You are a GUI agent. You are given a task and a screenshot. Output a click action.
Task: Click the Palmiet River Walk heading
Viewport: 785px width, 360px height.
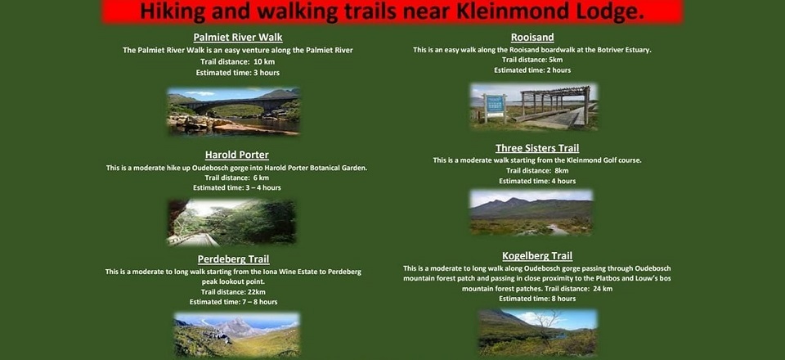[238, 37]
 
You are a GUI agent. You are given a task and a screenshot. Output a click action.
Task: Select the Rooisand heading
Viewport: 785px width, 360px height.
[532, 37]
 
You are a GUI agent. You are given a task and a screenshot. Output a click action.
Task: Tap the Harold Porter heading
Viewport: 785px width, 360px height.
[237, 155]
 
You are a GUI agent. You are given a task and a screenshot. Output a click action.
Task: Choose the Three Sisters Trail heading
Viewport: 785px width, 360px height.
[537, 148]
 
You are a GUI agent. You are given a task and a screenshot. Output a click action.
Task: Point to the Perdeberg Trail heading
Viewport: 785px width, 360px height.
[233, 259]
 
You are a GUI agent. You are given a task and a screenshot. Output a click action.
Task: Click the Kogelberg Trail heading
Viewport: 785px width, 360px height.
[537, 256]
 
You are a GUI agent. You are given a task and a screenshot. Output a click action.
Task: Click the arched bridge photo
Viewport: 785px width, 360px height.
[233, 111]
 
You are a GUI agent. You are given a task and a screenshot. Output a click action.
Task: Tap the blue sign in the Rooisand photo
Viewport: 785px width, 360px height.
[495, 104]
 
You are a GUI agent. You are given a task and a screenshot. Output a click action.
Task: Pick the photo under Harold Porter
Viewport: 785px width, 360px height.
[231, 223]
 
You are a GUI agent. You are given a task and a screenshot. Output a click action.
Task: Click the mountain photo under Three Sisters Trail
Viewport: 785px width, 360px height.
[532, 212]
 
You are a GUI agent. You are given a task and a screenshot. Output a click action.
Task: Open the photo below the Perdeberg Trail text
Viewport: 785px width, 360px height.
[236, 335]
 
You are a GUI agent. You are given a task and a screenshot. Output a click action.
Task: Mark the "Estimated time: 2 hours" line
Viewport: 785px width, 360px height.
[532, 70]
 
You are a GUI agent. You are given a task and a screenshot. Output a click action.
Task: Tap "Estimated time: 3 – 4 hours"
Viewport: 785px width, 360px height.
[237, 187]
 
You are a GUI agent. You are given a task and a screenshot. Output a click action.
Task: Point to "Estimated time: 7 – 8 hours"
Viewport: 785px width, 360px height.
[233, 302]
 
